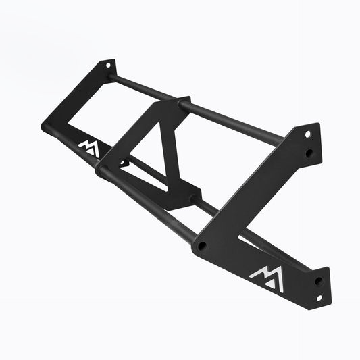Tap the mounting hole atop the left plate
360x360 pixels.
tap(107, 65)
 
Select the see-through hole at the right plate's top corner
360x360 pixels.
tap(307, 134)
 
